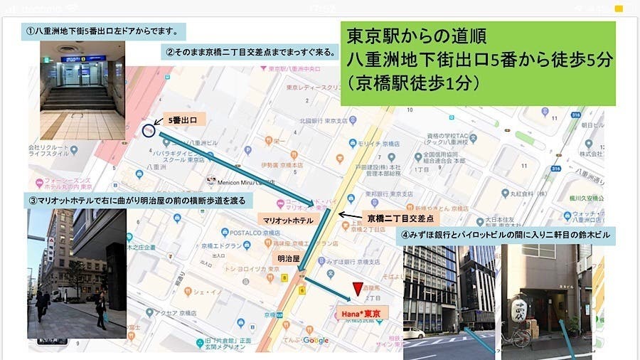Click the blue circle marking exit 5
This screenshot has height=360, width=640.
(x=148, y=130)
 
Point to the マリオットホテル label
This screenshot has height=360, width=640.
(x=288, y=221)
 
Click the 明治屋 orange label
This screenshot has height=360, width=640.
(x=287, y=259)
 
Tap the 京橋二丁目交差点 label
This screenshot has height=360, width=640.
(x=402, y=216)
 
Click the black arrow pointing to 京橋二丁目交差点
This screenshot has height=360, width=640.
(x=349, y=213)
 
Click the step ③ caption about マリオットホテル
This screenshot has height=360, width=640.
(x=134, y=201)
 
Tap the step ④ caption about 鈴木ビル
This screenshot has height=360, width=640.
(x=505, y=235)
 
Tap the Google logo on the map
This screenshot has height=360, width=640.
(x=315, y=341)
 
